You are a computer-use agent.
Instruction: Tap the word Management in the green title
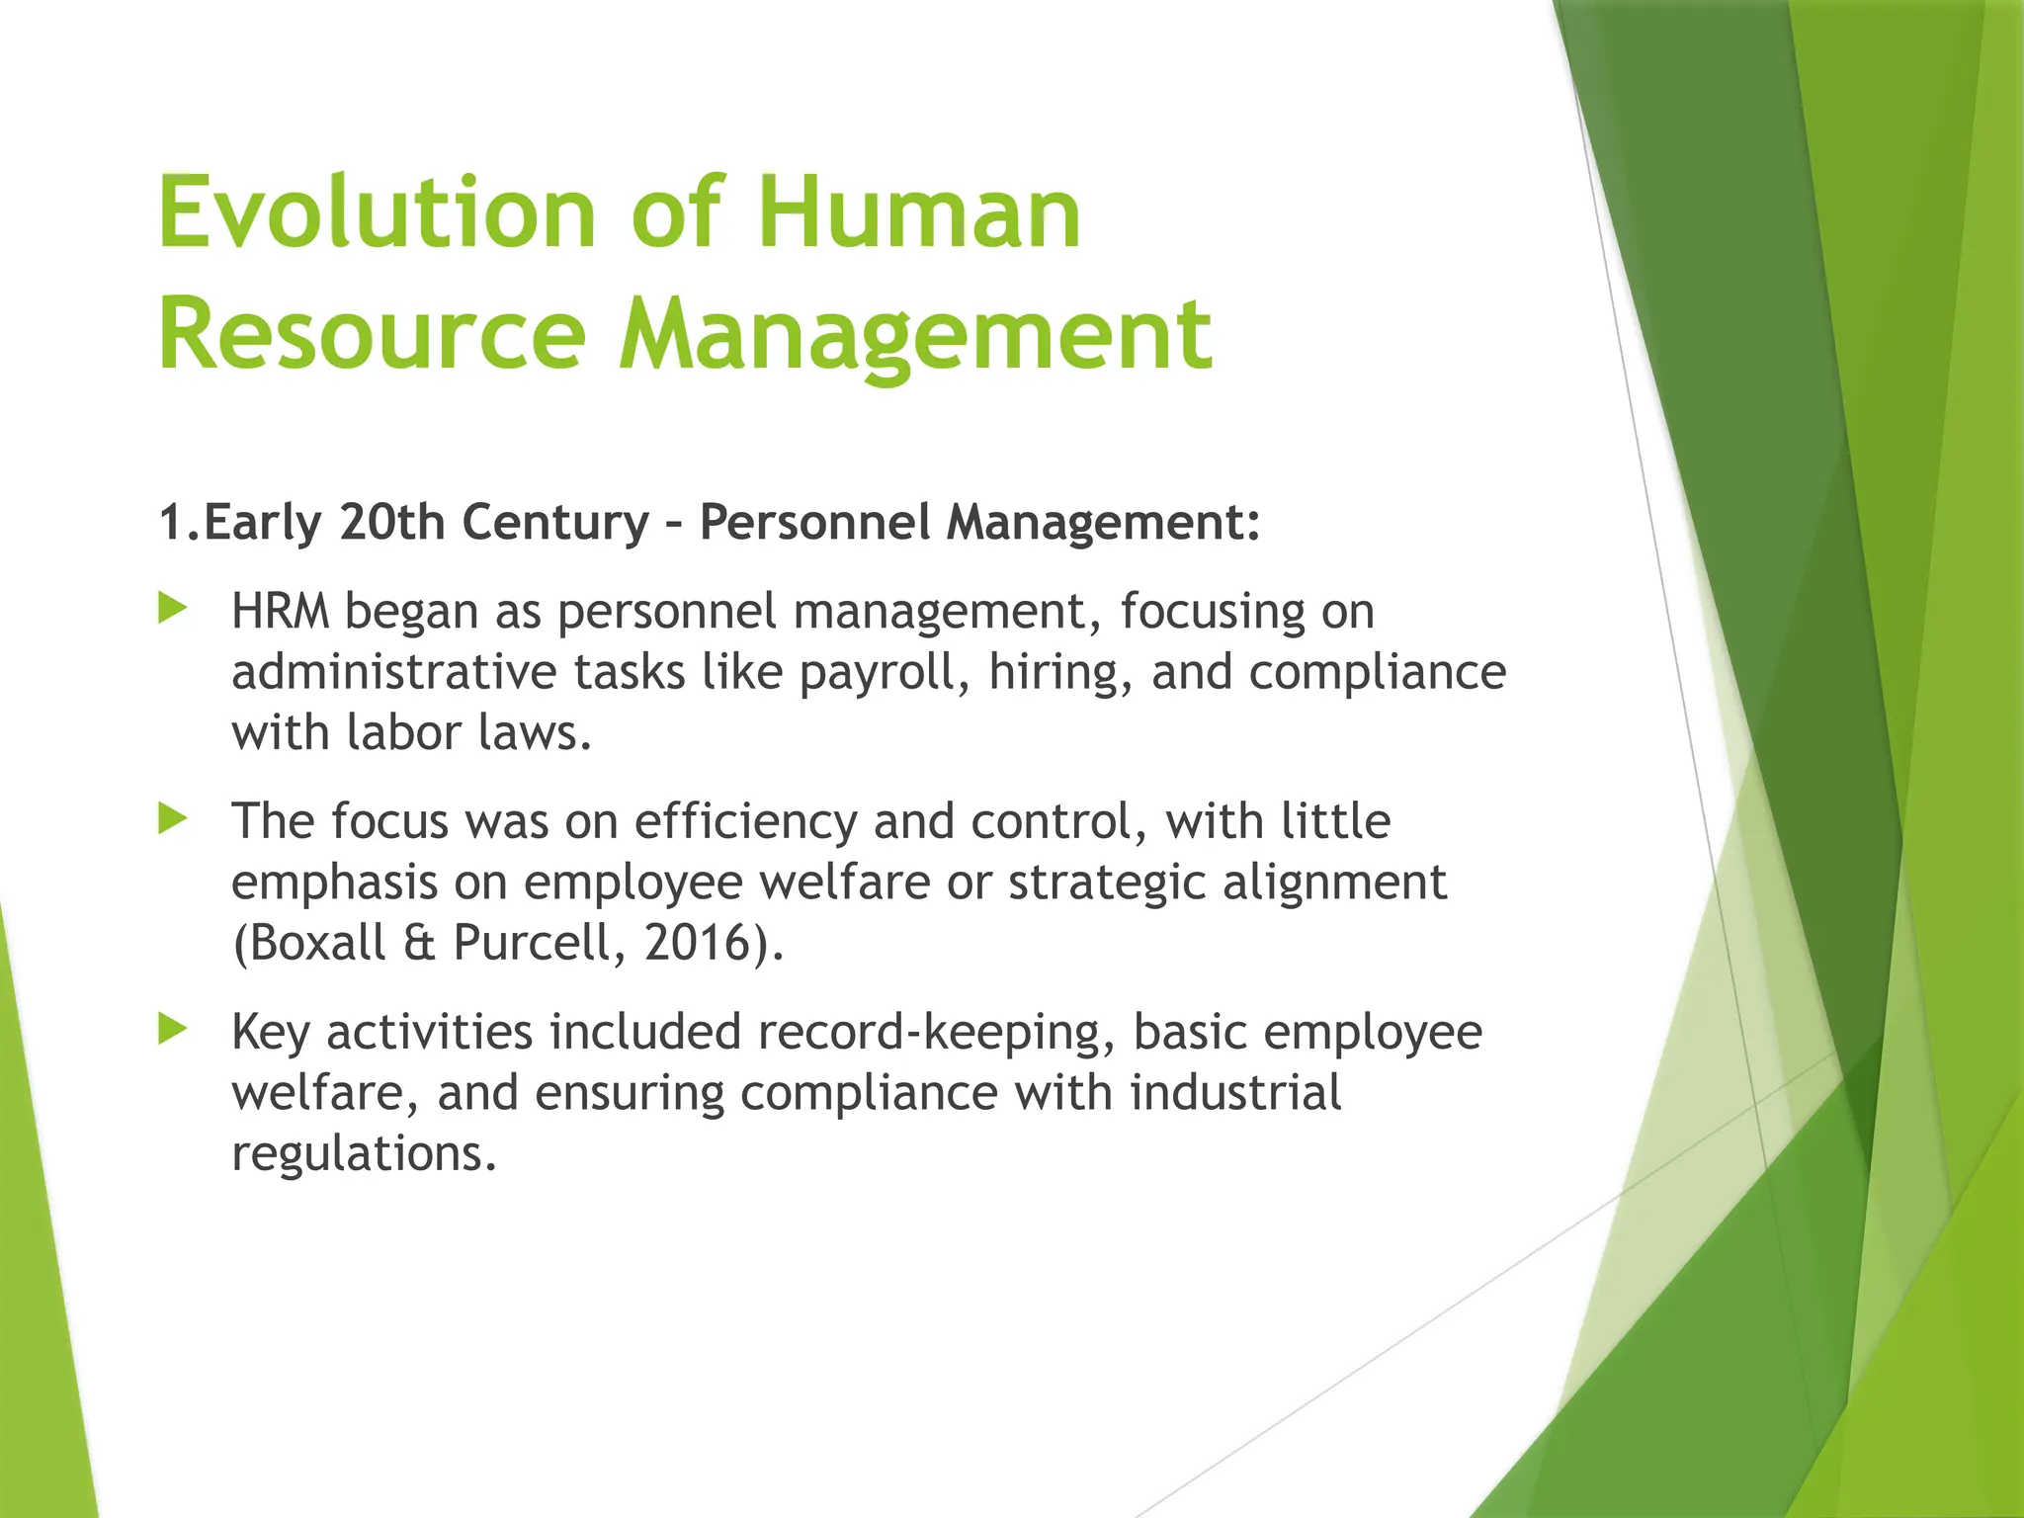click(x=915, y=336)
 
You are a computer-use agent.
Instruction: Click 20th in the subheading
click(x=392, y=522)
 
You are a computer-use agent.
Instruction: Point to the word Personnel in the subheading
click(x=814, y=522)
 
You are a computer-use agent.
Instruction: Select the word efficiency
click(x=746, y=821)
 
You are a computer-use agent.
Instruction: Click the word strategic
click(x=1107, y=883)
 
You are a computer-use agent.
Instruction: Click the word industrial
click(x=1235, y=1093)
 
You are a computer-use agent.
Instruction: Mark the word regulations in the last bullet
click(x=363, y=1153)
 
